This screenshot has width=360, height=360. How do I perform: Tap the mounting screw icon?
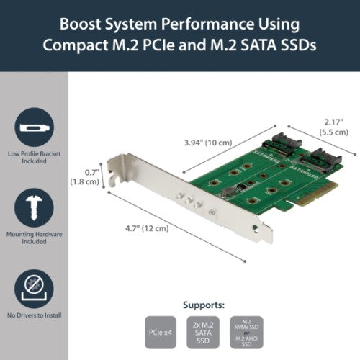click(32, 205)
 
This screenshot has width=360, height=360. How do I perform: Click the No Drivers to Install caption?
click(32, 314)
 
